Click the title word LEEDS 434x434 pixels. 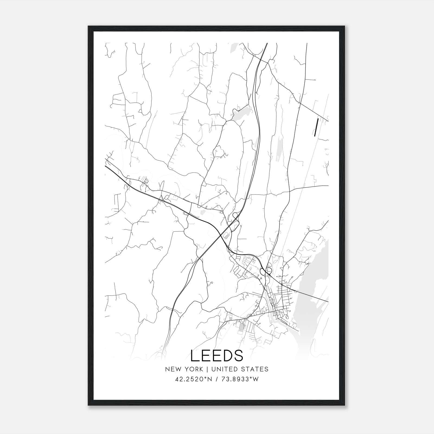(217, 356)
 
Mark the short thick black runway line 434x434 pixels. (316, 127)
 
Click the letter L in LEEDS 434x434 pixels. (195, 356)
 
